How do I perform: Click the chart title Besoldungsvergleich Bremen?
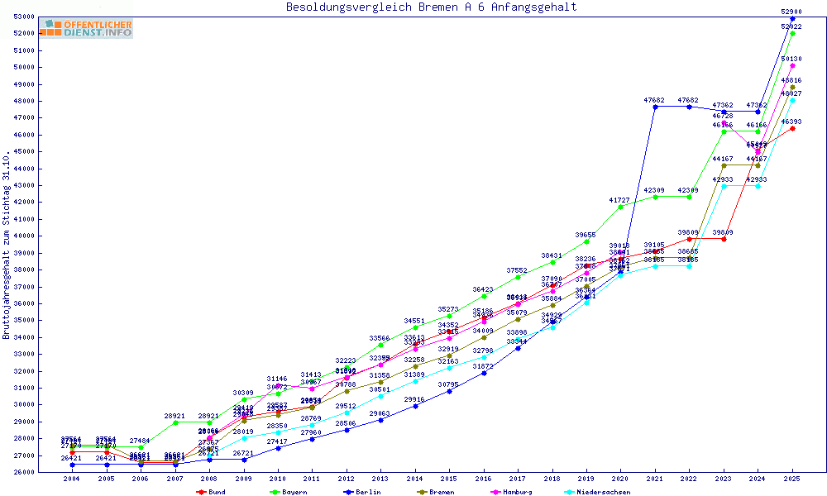(x=431, y=7)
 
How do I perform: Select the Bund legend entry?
(x=212, y=492)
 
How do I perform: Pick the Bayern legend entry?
(x=289, y=492)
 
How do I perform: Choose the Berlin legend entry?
(x=364, y=492)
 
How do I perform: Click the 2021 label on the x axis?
(x=655, y=479)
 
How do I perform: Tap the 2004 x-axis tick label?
(x=72, y=479)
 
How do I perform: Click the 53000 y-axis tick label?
(x=22, y=17)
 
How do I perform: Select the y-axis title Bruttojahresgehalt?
(x=7, y=245)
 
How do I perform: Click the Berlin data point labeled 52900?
(x=792, y=18)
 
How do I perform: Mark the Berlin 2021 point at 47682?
(x=655, y=107)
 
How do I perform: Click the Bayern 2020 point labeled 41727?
(x=621, y=207)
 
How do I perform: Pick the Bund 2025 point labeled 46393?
(x=792, y=128)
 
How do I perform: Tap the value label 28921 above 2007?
(x=174, y=416)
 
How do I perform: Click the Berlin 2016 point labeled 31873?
(x=484, y=373)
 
